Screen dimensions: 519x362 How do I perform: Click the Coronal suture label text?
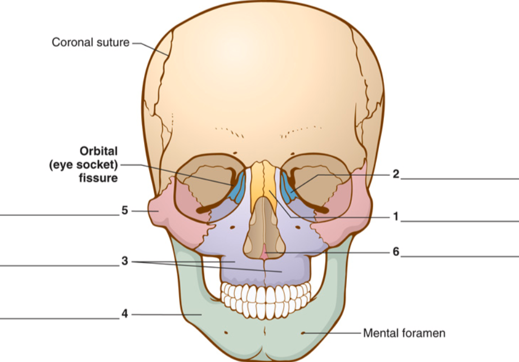click(91, 42)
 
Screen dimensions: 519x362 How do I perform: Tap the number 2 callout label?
click(396, 174)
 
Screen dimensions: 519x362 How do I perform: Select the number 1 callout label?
click(396, 217)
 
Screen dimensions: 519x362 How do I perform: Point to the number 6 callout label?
click(396, 252)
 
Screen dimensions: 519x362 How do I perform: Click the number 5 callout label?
click(125, 210)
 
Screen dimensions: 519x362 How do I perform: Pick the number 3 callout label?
click(124, 261)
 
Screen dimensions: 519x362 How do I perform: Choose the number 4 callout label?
click(124, 314)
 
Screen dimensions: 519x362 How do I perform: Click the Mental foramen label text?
click(404, 333)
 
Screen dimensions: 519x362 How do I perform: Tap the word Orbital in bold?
click(99, 151)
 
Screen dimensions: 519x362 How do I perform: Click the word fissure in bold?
click(99, 178)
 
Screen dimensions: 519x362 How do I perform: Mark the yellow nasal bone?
click(263, 186)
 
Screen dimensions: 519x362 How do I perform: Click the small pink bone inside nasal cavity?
click(264, 253)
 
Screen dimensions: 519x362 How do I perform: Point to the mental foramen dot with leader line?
click(303, 333)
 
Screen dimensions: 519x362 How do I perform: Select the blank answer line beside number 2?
click(460, 179)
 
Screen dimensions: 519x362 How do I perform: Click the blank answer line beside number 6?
click(460, 257)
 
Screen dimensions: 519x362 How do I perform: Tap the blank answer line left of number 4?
click(60, 319)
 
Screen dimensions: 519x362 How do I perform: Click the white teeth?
click(266, 299)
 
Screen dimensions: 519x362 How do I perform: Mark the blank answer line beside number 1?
click(460, 221)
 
